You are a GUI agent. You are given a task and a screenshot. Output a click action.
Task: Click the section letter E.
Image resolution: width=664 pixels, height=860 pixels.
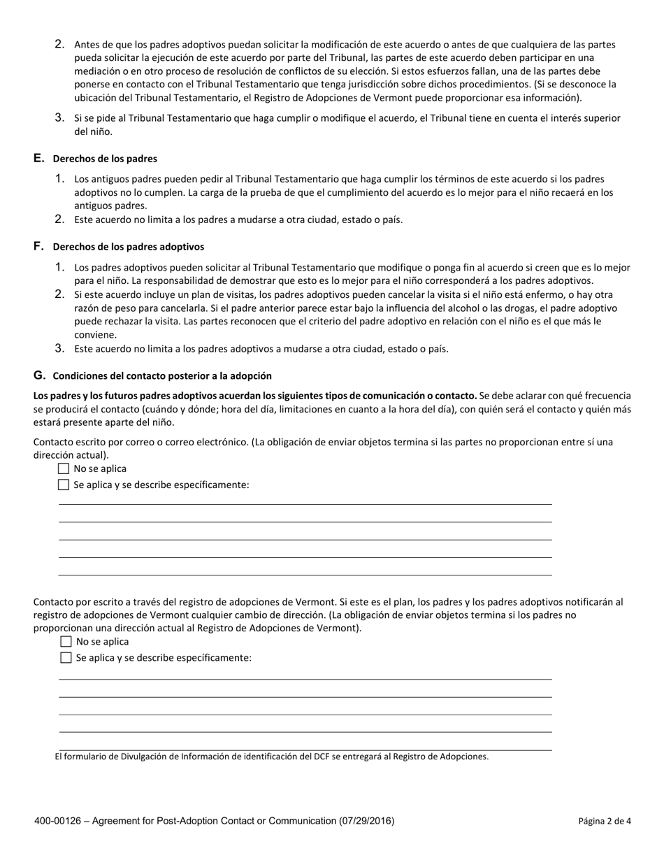tap(38, 159)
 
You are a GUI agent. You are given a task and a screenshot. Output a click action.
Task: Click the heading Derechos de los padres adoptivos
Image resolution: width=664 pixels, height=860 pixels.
tap(128, 247)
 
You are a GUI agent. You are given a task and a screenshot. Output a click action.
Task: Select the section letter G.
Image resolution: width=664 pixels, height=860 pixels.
tap(39, 375)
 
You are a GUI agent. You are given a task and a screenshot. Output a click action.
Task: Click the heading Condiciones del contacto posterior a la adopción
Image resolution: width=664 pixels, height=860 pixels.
tap(162, 376)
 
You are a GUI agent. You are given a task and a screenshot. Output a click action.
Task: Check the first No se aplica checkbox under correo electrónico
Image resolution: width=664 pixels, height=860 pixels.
tap(64, 468)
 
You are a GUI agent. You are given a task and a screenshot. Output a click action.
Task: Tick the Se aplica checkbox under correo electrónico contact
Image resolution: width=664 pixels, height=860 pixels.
tap(64, 485)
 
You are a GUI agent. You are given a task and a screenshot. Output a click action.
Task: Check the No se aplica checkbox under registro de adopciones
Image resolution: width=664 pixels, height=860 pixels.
tap(66, 641)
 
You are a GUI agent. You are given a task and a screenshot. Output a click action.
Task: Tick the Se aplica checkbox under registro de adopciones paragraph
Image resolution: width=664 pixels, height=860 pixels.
tap(66, 657)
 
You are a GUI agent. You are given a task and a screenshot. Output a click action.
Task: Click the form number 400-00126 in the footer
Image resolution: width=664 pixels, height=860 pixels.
tap(56, 821)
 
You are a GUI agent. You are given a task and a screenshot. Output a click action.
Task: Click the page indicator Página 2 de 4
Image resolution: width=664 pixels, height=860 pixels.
tap(605, 822)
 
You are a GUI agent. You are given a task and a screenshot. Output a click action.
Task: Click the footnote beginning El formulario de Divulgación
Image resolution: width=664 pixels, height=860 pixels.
tap(271, 757)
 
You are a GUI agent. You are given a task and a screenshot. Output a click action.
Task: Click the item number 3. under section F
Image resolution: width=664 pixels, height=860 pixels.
tap(60, 348)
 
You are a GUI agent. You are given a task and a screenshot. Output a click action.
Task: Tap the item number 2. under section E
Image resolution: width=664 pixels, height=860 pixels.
tap(60, 219)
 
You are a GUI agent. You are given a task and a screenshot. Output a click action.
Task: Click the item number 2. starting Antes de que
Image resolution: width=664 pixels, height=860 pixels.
tap(60, 44)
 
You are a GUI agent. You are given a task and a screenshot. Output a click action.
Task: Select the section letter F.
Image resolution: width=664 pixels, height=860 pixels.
tap(38, 246)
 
